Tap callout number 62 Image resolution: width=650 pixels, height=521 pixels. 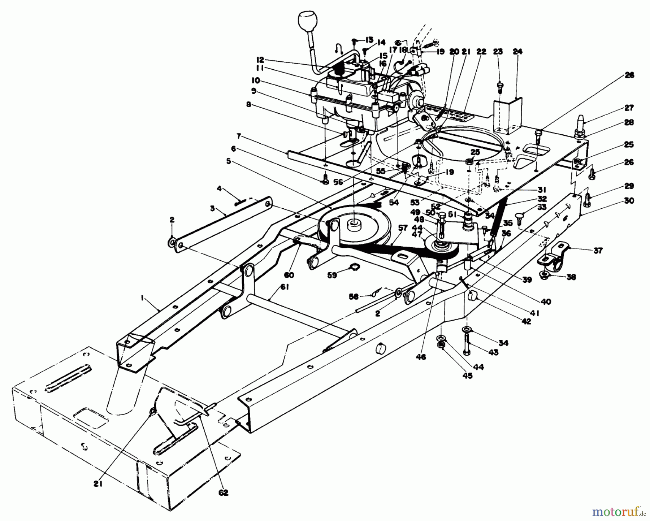pos(224,492)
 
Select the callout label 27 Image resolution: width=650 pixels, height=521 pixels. pos(629,108)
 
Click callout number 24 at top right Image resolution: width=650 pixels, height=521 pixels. pos(517,52)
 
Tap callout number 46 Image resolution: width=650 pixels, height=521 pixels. pos(421,357)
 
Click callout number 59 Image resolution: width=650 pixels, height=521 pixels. pos(332,275)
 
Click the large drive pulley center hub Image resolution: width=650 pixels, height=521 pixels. pos(354,226)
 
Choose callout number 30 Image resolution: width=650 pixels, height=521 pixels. pos(629,201)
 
